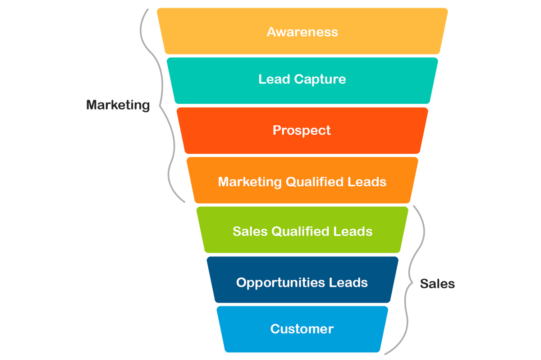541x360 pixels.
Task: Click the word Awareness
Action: coord(302,32)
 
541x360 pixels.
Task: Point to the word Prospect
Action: coord(302,131)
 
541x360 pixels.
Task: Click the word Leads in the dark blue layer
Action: coord(348,283)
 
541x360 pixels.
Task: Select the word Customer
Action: coord(302,329)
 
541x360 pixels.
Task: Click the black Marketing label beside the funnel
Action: coord(118,105)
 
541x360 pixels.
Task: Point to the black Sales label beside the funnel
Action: coord(437,283)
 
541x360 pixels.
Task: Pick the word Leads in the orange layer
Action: coord(367,182)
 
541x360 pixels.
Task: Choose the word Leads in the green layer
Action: coord(353,231)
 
